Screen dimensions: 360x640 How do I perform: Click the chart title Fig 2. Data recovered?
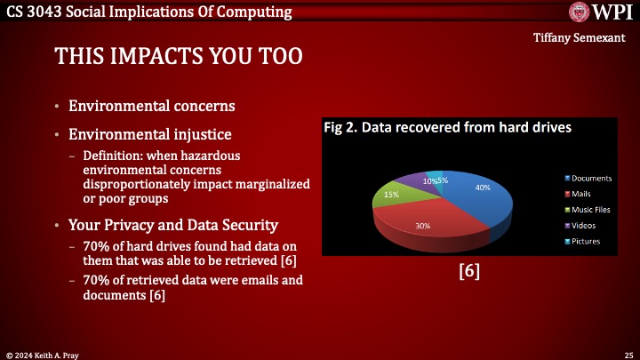pyautogui.click(x=446, y=127)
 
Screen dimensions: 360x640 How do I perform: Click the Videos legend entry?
pyautogui.click(x=576, y=225)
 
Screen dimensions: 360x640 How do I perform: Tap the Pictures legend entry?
pyautogui.click(x=579, y=241)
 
